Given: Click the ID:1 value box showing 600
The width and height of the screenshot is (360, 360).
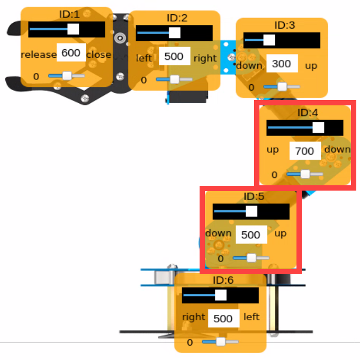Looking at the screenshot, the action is tap(71, 52).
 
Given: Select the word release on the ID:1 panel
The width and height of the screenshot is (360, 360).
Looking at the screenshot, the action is tap(39, 55).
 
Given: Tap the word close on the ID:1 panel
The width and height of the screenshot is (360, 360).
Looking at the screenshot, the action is tap(98, 55).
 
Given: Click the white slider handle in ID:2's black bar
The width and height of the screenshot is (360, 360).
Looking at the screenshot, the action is tap(175, 33).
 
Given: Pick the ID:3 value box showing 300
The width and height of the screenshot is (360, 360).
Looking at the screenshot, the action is tap(282, 64).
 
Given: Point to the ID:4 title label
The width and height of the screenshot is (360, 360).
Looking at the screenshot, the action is tap(308, 112).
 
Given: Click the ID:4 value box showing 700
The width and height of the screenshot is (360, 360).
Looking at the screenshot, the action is tap(305, 151).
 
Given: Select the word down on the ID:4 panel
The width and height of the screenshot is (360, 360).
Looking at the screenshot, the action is tap(338, 149).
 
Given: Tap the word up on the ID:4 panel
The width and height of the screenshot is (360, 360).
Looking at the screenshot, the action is tap(273, 150).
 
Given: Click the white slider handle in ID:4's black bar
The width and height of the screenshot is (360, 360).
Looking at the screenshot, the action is tap(319, 128).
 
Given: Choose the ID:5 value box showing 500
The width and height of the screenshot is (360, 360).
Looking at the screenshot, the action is tap(251, 235).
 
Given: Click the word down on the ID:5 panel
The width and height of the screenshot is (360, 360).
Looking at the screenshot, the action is tap(218, 233).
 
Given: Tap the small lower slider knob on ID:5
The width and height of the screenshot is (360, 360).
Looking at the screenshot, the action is tap(251, 258).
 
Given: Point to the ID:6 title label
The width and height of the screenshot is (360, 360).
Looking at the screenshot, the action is tap(223, 280).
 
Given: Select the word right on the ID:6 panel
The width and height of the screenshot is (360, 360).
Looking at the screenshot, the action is tap(194, 317).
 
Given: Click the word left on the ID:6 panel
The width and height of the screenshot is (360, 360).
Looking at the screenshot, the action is tap(251, 317).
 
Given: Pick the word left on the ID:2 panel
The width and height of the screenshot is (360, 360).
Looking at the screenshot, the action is tap(144, 58).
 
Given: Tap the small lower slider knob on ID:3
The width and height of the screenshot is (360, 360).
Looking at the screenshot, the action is tap(282, 86).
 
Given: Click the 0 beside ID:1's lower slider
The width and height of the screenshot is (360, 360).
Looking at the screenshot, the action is tap(36, 76).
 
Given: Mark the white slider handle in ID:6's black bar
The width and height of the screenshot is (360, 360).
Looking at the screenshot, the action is tap(221, 295).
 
